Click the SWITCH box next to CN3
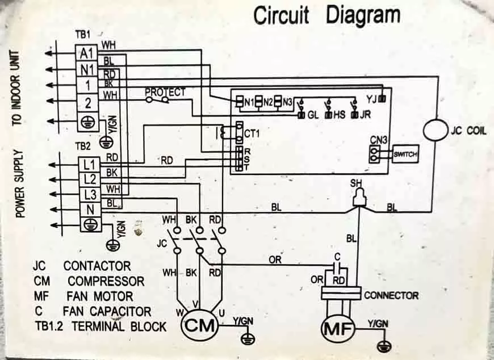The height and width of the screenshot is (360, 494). coord(405,154)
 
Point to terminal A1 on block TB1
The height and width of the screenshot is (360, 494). coord(87,53)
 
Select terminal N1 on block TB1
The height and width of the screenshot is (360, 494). coord(87,69)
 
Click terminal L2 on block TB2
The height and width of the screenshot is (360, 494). coord(90,179)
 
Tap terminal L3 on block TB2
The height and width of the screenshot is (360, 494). coord(90,195)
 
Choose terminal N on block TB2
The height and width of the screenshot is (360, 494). coord(91,210)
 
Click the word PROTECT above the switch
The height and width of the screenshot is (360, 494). coord(165,93)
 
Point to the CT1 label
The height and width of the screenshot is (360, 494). coord(252,133)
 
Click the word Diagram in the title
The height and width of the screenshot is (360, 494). coord(363,16)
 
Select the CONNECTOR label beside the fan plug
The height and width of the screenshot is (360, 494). coord(391,295)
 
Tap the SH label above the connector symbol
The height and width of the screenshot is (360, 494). coord(357,183)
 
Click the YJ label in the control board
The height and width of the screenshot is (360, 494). coord(371,99)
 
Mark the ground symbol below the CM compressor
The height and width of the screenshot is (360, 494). coord(248,339)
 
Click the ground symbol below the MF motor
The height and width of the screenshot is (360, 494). coord(384,346)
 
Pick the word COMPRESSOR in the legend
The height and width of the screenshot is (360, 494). coord(106,281)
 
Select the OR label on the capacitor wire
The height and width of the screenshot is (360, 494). coord(275,260)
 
